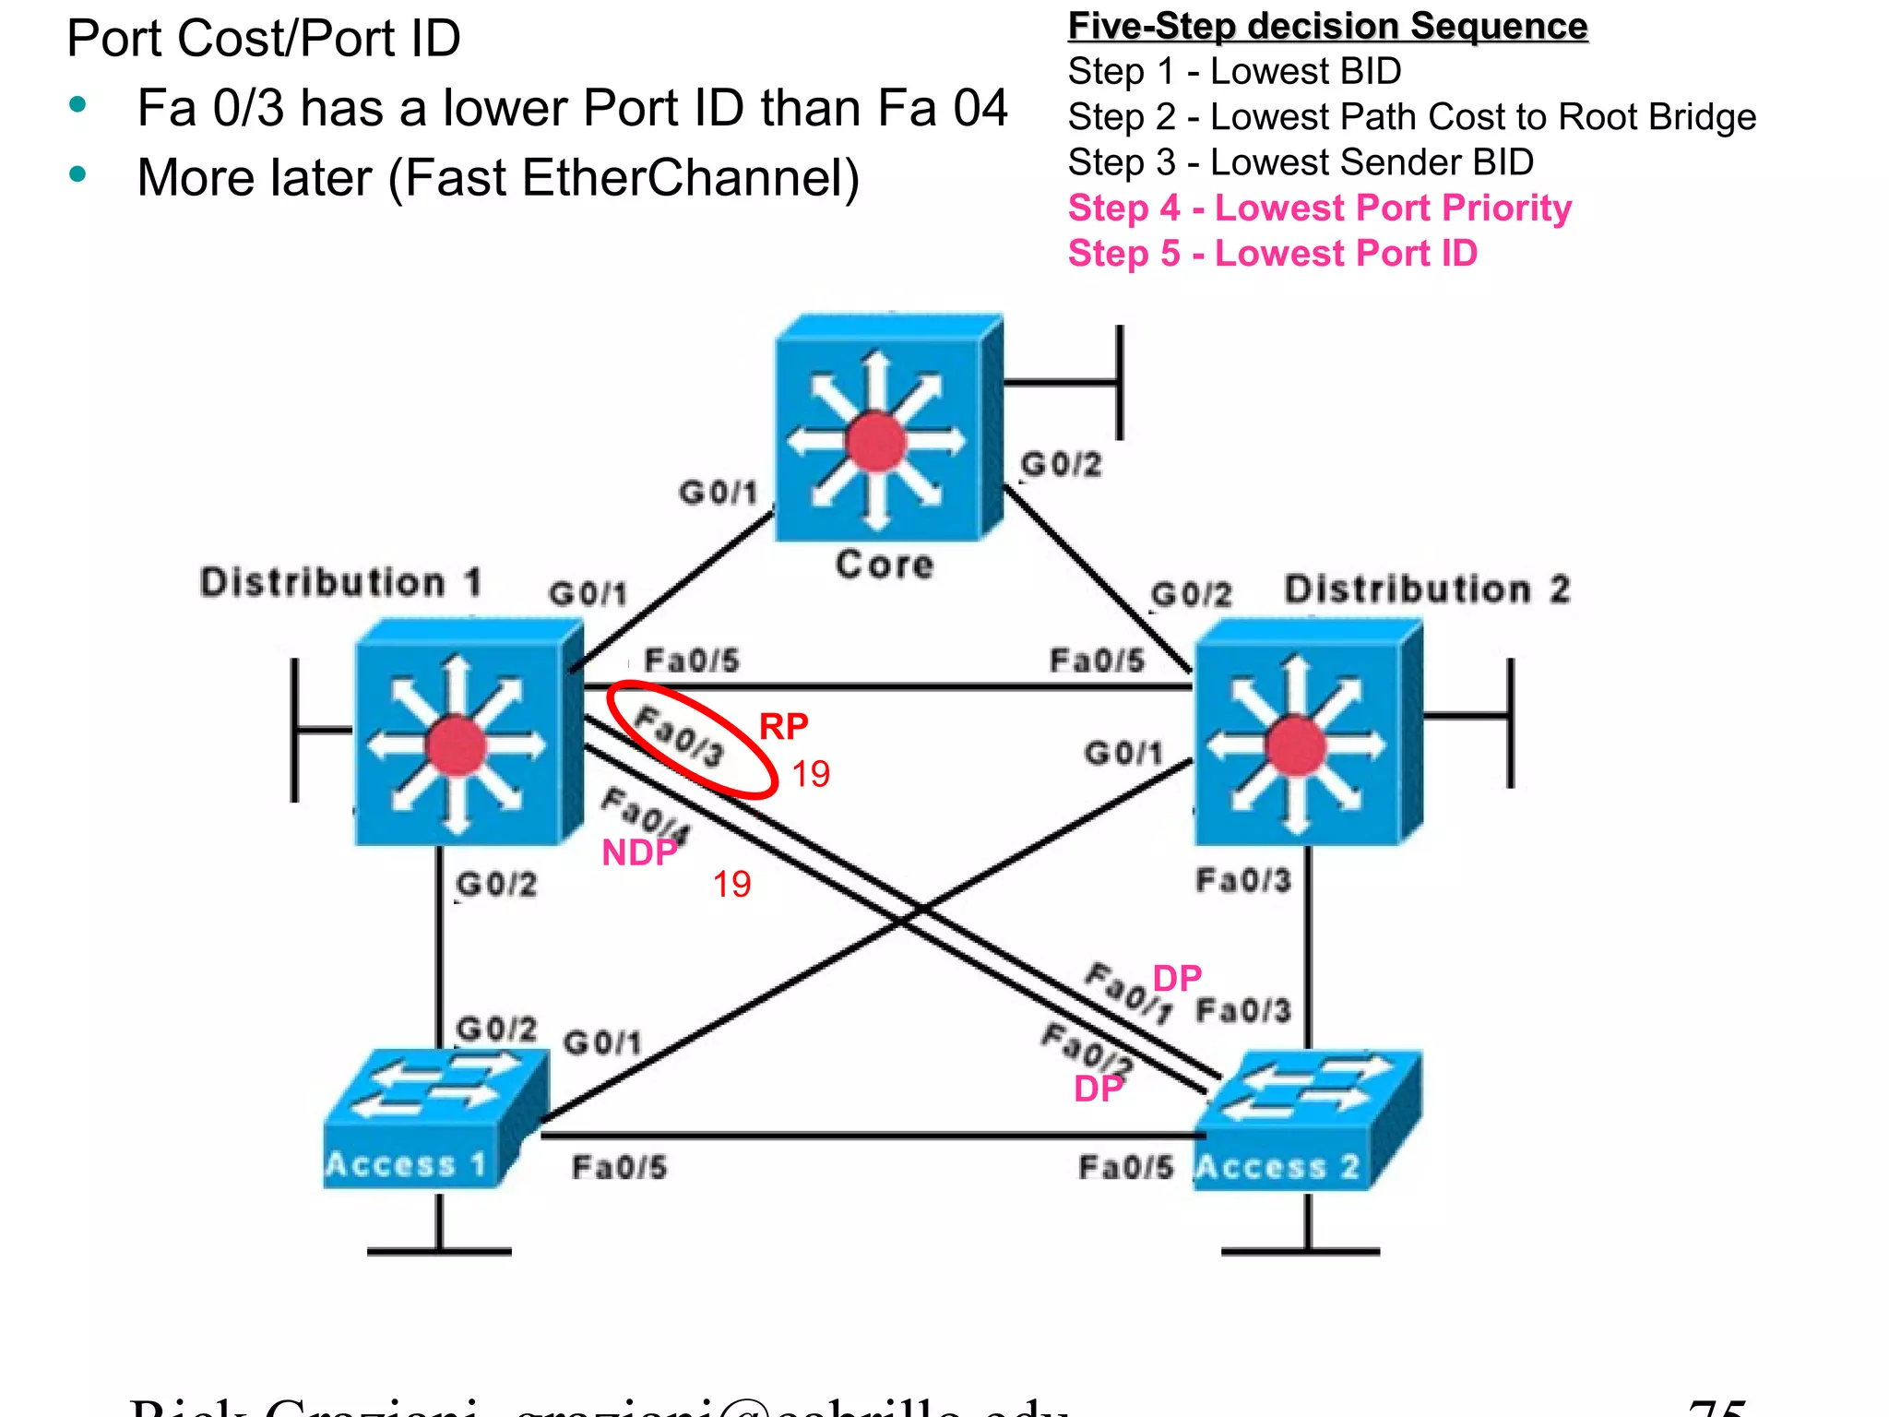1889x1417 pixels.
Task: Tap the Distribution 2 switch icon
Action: click(x=1306, y=733)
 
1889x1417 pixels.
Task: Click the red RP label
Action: click(x=783, y=727)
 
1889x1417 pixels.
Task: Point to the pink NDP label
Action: click(x=639, y=853)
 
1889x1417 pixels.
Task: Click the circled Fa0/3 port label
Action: click(x=681, y=736)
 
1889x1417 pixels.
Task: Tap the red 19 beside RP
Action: click(x=811, y=774)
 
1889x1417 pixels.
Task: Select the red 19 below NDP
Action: click(x=731, y=885)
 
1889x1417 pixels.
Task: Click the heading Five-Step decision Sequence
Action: click(x=1327, y=26)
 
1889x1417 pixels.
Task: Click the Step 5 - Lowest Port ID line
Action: click(x=1272, y=254)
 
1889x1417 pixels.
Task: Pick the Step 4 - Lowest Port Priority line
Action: click(x=1319, y=208)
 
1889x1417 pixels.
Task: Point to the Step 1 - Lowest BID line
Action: click(x=1234, y=71)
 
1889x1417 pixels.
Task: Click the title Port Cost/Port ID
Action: click(x=264, y=39)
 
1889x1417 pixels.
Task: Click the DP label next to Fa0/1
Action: click(x=1177, y=979)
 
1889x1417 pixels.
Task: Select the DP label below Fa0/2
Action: click(x=1098, y=1090)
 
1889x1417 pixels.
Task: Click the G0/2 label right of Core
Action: click(x=1061, y=465)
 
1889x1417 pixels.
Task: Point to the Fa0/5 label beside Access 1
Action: click(x=619, y=1168)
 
